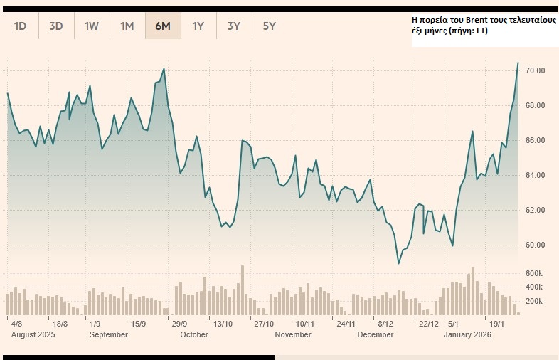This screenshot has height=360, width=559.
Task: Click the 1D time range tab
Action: pyautogui.click(x=21, y=26)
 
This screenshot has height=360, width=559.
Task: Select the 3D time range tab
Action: pyautogui.click(x=56, y=26)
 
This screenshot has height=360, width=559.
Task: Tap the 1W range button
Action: pyautogui.click(x=92, y=26)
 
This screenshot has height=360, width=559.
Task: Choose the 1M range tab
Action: pyautogui.click(x=127, y=26)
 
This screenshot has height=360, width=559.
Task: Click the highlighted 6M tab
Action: pyautogui.click(x=163, y=26)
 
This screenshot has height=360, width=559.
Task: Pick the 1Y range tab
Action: pyautogui.click(x=198, y=26)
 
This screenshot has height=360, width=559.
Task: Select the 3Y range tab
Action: pyautogui.click(x=234, y=26)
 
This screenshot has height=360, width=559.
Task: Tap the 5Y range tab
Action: pyautogui.click(x=270, y=26)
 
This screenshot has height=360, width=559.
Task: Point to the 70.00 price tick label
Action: pyautogui.click(x=535, y=71)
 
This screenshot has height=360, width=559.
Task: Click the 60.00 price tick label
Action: pyautogui.click(x=535, y=245)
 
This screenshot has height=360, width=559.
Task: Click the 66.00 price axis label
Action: pyautogui.click(x=535, y=141)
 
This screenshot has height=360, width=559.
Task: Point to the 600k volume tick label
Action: pyautogui.click(x=535, y=273)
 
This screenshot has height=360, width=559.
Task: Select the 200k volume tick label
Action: pyautogui.click(x=535, y=302)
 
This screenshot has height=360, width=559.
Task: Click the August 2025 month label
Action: pyautogui.click(x=33, y=334)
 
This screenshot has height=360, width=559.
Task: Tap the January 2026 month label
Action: pyautogui.click(x=467, y=334)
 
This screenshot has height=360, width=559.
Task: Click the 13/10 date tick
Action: pyautogui.click(x=223, y=324)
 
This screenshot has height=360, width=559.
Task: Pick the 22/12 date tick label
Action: pyautogui.click(x=429, y=324)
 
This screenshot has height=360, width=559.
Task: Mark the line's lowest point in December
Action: pyautogui.click(x=399, y=263)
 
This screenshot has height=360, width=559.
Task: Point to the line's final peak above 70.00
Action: pyautogui.click(x=518, y=63)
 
